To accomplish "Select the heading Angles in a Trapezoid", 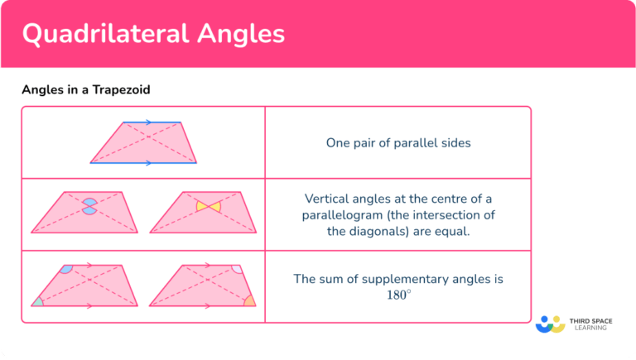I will pyautogui.click(x=86, y=90).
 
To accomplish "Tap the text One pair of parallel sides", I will pyautogui.click(x=397, y=142).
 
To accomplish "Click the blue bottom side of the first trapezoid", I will pyautogui.click(x=143, y=163).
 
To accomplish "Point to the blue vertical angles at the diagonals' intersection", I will pyautogui.click(x=89, y=206).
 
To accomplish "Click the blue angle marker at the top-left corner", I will pyautogui.click(x=66, y=269).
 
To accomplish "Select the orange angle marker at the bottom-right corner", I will pyautogui.click(x=249, y=300).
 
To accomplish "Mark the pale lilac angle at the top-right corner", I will pyautogui.click(x=237, y=269).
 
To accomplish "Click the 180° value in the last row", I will pyautogui.click(x=397, y=295).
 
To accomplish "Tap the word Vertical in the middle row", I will pyautogui.click(x=327, y=199).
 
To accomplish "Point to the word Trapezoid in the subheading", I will pyautogui.click(x=123, y=90).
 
